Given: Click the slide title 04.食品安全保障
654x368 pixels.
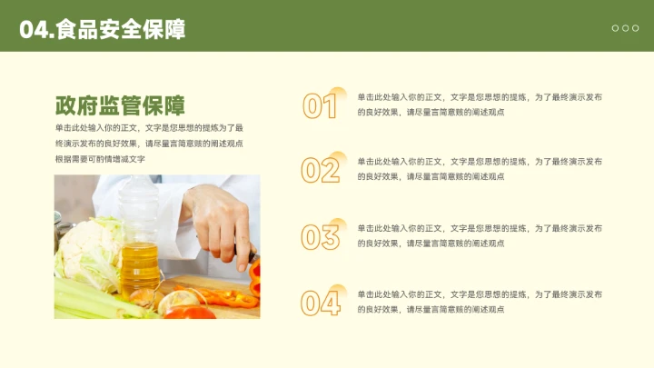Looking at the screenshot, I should coord(102,30).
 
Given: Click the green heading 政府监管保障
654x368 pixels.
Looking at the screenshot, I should coord(120,105).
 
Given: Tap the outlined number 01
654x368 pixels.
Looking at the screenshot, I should coord(320,106).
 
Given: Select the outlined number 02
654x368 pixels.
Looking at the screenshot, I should coord(320,170).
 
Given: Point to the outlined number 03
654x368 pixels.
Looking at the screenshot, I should coord(320,237).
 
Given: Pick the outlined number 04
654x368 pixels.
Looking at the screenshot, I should coord(320,303).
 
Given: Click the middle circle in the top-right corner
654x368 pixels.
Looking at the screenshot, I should coord(625,28).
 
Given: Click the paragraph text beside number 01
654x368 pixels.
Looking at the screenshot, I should coord(479,104).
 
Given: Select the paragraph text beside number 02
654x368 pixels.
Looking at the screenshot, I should coord(479,168).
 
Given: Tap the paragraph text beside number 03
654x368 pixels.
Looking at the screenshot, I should coord(479,235).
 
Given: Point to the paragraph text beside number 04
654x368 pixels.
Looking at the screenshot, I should coord(479,302).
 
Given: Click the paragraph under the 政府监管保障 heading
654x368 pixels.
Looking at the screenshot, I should coord(149,144).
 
